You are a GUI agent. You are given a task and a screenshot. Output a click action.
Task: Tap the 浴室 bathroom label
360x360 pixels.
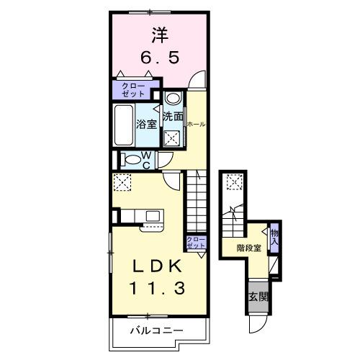pos(148,123)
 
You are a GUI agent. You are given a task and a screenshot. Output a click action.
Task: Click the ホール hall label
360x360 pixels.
pos(195,124)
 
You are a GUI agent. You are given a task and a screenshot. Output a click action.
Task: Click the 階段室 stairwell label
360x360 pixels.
pos(247,248)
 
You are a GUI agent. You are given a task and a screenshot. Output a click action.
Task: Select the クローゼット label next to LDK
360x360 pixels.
pos(195,242)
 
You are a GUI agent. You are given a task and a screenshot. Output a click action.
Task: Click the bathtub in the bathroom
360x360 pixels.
pos(125,125)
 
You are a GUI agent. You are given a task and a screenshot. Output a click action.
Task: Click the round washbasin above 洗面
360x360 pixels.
pos(173,99)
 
